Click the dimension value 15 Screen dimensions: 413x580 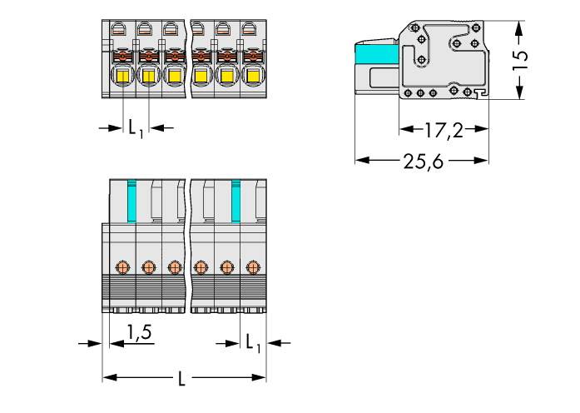tap(519, 57)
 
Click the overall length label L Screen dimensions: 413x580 tap(182, 379)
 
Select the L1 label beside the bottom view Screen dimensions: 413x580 tap(253, 342)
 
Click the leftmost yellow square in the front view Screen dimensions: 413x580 tap(122, 79)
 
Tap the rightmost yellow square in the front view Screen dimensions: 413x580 tap(250, 79)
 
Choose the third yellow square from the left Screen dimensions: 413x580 tap(174, 79)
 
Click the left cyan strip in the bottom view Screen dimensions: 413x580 tap(131, 202)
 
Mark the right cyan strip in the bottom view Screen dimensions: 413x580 tap(236, 202)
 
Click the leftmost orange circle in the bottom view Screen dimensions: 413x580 tap(122, 266)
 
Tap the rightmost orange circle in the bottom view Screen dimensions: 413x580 tap(252, 266)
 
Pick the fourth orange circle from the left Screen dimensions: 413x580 tap(200, 266)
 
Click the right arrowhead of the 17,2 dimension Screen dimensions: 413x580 tap(483, 129)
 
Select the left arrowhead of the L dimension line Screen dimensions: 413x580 tap(107, 379)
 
